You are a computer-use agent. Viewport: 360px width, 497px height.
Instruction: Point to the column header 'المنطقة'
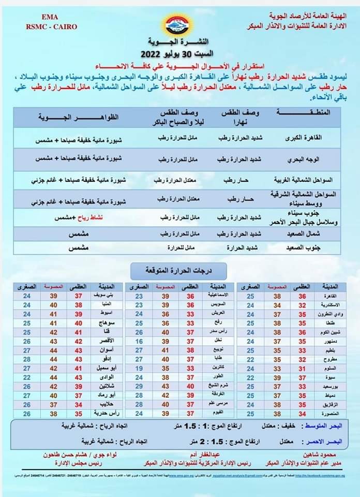(305, 115)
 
